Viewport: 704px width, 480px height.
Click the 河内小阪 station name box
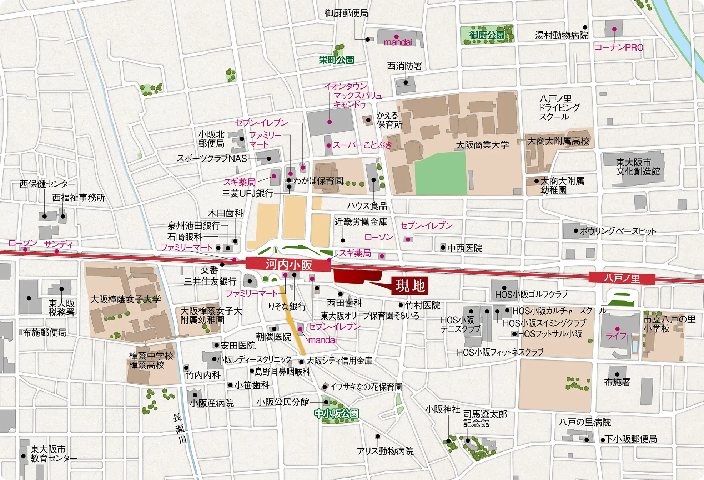[x=288, y=265]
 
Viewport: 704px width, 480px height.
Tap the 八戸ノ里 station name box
[x=622, y=278]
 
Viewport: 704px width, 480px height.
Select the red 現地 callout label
[x=409, y=286]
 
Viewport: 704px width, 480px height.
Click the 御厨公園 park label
[x=487, y=35]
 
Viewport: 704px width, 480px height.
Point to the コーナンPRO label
[x=619, y=47]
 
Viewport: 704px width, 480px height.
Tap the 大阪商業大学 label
[x=482, y=145]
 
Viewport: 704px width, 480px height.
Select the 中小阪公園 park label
[x=336, y=413]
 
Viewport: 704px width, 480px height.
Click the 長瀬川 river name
[x=180, y=429]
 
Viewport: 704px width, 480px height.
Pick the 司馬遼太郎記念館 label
[x=485, y=419]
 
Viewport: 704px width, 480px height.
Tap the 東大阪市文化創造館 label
[x=638, y=167]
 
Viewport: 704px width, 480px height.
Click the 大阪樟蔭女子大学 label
[x=125, y=299]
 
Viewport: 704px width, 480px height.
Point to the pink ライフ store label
[x=616, y=336]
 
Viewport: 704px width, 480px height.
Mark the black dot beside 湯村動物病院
[x=585, y=27]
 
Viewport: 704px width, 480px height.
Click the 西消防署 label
[x=404, y=66]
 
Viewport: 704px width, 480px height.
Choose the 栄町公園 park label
[x=336, y=60]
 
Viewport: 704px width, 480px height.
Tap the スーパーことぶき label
[x=362, y=145]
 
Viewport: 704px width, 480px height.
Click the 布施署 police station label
[x=617, y=382]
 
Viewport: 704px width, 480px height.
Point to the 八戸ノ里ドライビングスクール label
[x=559, y=107]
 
